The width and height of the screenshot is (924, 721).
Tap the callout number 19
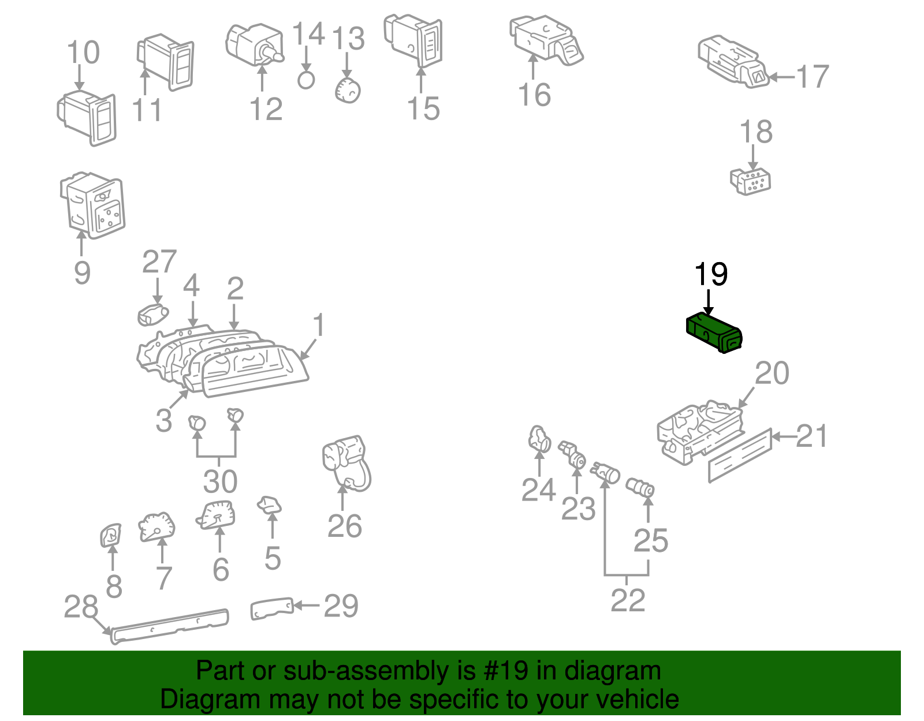click(x=710, y=274)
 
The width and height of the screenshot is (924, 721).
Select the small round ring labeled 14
click(x=306, y=80)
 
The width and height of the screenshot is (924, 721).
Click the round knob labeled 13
click(x=348, y=91)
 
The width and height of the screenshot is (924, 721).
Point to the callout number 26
click(x=344, y=526)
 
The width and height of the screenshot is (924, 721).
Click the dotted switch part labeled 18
click(x=751, y=181)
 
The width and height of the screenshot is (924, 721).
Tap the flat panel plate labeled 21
click(x=740, y=455)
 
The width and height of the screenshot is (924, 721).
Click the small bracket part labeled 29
click(x=271, y=608)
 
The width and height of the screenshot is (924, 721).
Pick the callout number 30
click(x=220, y=481)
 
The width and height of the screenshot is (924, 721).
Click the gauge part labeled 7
click(x=157, y=526)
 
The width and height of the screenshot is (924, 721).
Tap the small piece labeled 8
click(x=110, y=535)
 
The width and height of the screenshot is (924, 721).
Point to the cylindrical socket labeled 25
click(x=640, y=488)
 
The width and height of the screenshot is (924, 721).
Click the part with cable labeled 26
click(x=346, y=462)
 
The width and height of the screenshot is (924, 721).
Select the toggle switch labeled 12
click(x=254, y=44)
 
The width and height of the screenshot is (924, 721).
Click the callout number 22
click(x=628, y=600)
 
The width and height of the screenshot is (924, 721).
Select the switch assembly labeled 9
click(x=92, y=205)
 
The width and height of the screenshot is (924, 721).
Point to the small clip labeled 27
click(x=152, y=315)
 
